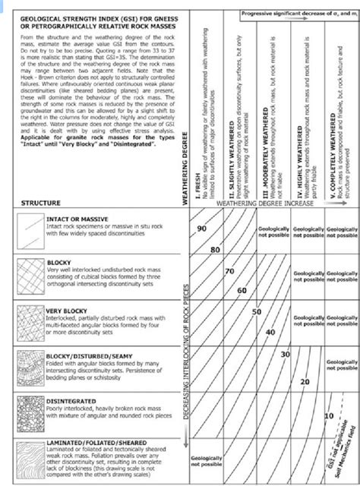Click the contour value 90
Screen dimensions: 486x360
(x=201, y=229)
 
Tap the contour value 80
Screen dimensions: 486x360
(x=215, y=248)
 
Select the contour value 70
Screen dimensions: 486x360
(x=229, y=271)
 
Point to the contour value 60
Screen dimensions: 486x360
(x=242, y=291)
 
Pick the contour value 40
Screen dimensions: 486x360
(x=270, y=332)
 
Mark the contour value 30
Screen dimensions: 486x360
(x=286, y=355)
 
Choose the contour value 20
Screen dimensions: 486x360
(x=305, y=381)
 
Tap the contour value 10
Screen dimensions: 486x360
(x=328, y=416)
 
